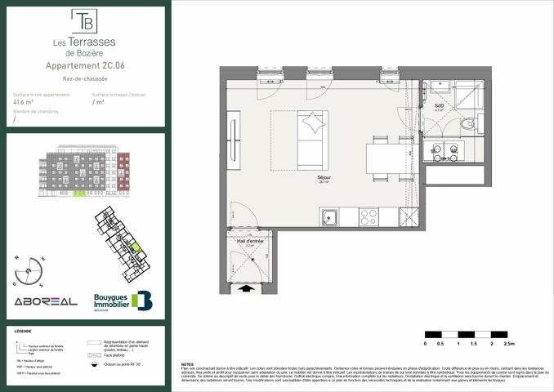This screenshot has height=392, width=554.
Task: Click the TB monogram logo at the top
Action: (84, 19)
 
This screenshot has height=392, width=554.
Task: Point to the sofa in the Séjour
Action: (312, 138)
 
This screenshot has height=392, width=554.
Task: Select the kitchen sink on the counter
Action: (330, 217)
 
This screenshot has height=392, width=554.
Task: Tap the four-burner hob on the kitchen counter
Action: (369, 217)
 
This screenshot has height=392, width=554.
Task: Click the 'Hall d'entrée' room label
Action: (249, 241)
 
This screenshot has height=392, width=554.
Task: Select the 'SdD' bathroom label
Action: (439, 105)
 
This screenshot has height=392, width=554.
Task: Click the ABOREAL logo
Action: (45, 301)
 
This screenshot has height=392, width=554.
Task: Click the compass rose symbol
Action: (31, 269)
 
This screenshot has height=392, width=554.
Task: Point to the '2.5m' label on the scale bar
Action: (511, 345)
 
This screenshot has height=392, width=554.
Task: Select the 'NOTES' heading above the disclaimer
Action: (187, 364)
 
